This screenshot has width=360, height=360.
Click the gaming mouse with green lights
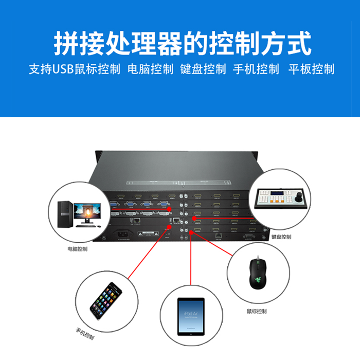pos(256,272)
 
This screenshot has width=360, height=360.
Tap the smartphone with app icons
pos(106,299)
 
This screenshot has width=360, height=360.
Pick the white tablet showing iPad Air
pos(190,316)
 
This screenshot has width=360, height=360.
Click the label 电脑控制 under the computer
pos(77,249)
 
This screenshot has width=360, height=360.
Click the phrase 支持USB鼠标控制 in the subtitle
pos(74,69)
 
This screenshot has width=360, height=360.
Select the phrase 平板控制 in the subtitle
pos(311,69)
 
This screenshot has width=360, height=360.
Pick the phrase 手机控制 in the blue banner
pos(256,69)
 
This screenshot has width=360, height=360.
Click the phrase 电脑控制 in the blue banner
pos(150,69)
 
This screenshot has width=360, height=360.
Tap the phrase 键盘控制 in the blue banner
pos(203,69)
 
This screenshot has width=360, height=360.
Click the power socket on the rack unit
pos(124,234)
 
